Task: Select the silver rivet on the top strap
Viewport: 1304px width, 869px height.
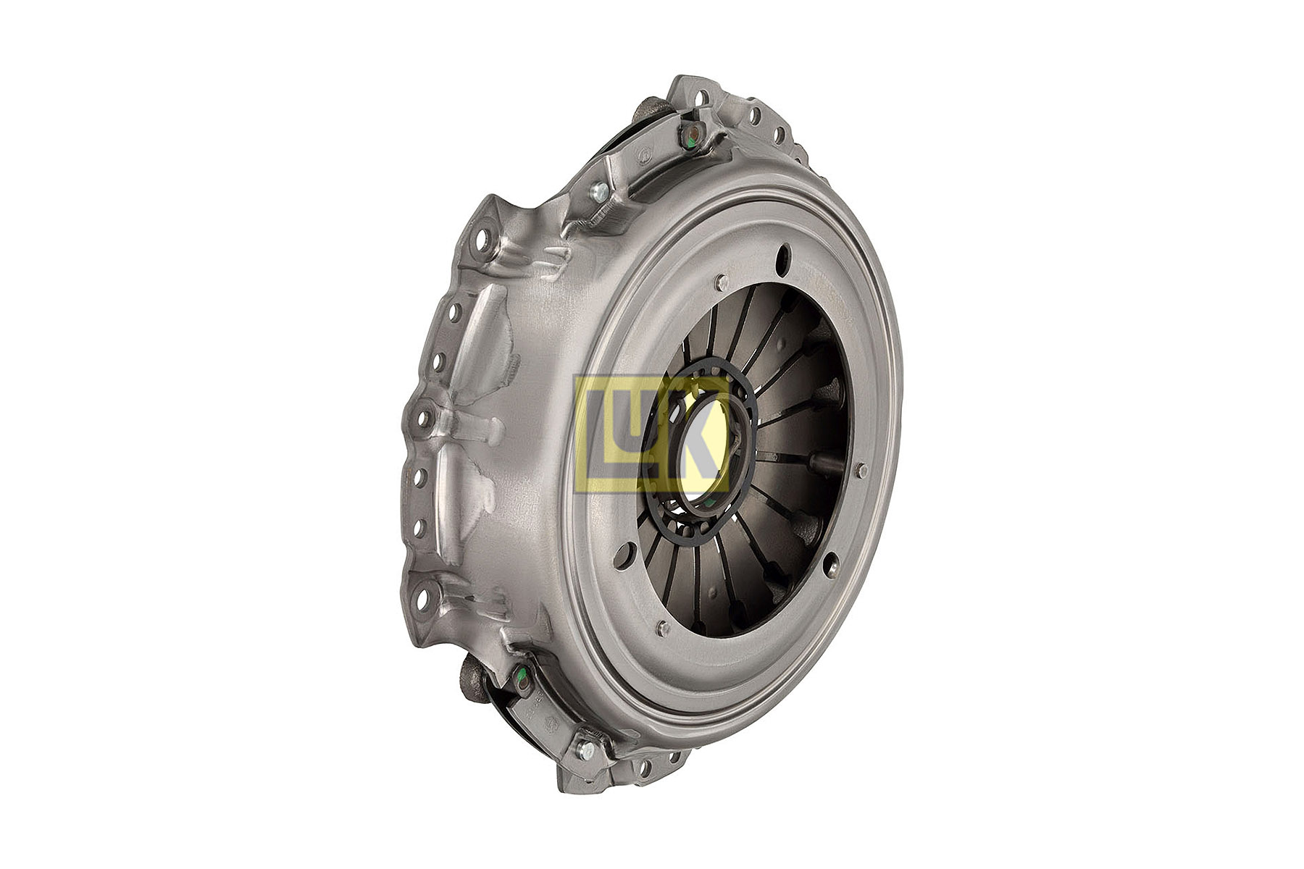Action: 600,192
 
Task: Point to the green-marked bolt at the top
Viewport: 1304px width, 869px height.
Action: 692,133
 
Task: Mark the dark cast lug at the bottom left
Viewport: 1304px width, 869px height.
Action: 475,681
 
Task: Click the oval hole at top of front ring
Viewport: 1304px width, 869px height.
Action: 782,260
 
